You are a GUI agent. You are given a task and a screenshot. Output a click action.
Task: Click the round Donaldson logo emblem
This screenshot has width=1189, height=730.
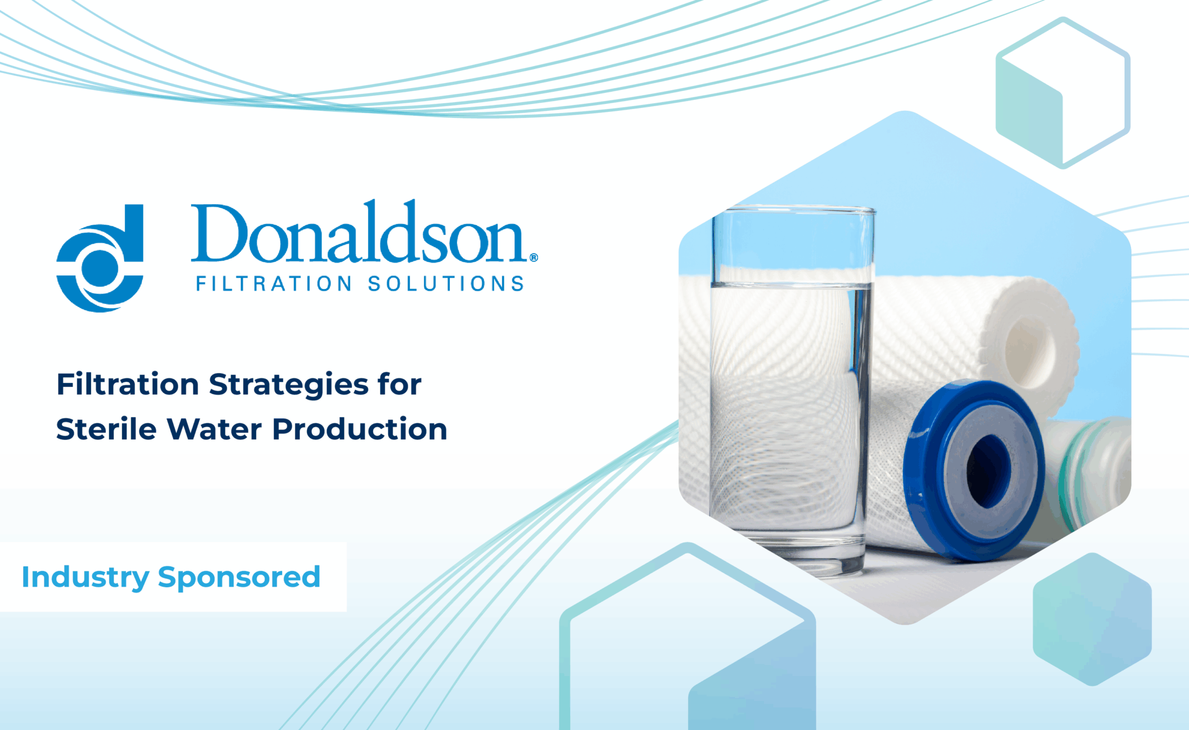(x=100, y=258)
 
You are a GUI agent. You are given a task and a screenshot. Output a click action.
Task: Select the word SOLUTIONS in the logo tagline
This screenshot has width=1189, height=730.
(x=446, y=284)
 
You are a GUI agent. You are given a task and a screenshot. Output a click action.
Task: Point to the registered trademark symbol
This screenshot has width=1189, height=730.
(x=534, y=257)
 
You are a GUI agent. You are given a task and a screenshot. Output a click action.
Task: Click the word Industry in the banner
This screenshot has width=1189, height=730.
(x=85, y=578)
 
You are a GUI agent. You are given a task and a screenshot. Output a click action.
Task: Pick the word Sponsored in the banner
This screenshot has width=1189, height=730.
(x=239, y=578)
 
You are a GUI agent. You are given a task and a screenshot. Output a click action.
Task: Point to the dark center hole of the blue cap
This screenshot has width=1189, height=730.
(x=988, y=470)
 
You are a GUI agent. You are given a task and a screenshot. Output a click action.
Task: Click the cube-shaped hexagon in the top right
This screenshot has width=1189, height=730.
(x=1063, y=93)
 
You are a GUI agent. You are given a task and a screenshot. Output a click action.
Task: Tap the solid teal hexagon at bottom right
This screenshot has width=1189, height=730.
(x=1092, y=619)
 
